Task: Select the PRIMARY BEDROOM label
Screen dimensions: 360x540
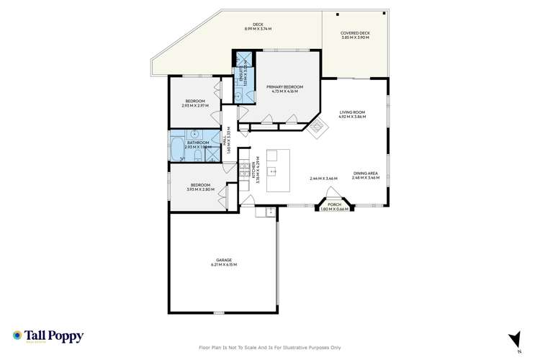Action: (285, 86)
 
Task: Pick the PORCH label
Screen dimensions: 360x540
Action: (334, 204)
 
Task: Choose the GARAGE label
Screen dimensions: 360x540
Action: (224, 260)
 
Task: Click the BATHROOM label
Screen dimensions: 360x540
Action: (198, 143)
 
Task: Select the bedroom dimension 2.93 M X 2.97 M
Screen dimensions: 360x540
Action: (195, 105)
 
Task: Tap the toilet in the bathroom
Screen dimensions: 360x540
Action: (196, 153)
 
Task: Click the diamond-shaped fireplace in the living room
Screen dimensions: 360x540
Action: (318, 127)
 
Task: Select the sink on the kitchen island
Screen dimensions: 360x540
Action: (274, 172)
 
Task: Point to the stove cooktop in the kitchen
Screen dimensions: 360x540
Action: (244, 171)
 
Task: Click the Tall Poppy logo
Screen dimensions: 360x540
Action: (48, 336)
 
